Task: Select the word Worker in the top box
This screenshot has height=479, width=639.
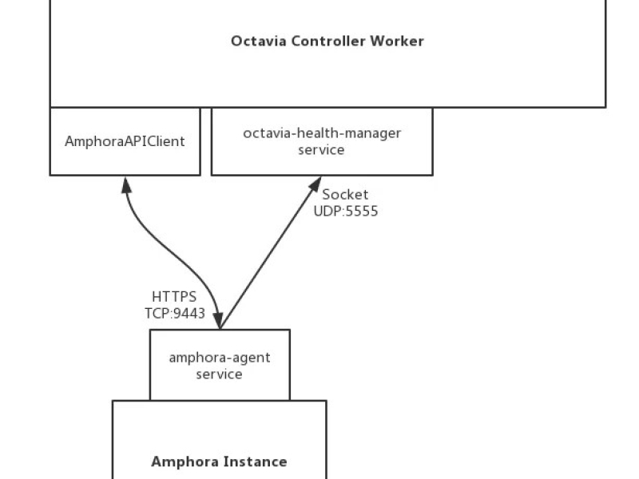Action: pyautogui.click(x=397, y=42)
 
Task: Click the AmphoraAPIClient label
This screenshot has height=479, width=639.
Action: pyautogui.click(x=125, y=141)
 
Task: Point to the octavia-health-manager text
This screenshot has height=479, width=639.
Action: pyautogui.click(x=322, y=133)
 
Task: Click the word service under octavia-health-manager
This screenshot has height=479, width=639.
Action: pyautogui.click(x=321, y=150)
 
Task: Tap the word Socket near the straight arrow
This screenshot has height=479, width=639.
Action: pyautogui.click(x=345, y=194)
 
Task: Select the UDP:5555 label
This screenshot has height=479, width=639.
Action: pyautogui.click(x=346, y=211)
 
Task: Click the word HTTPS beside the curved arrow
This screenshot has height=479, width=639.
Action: pyautogui.click(x=174, y=296)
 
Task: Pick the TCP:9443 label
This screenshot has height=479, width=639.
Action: pyautogui.click(x=175, y=313)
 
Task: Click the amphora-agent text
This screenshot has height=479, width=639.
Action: pyautogui.click(x=220, y=358)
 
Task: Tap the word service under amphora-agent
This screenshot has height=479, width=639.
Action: pyautogui.click(x=219, y=374)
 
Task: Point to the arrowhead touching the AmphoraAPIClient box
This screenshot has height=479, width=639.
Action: pyautogui.click(x=126, y=185)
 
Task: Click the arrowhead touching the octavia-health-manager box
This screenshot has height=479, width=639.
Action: pyautogui.click(x=316, y=184)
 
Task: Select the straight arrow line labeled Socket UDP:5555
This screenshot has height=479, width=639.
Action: pyautogui.click(x=271, y=252)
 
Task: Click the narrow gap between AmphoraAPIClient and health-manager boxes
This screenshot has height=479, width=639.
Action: pyautogui.click(x=206, y=142)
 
